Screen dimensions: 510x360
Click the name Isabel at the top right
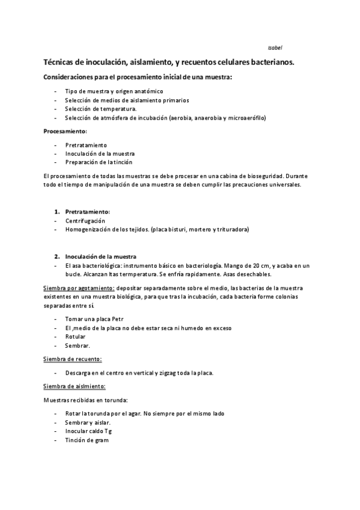pyautogui.click(x=275, y=47)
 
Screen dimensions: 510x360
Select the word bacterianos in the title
pyautogui.click(x=272, y=62)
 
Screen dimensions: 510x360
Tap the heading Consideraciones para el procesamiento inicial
pyautogui.click(x=138, y=78)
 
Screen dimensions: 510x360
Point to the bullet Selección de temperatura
pyautogui.click(x=101, y=109)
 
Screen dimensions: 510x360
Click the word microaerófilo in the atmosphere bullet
pyautogui.click(x=246, y=118)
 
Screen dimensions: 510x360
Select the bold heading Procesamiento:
pyautogui.click(x=65, y=131)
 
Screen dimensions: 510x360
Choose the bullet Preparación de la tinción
pyautogui.click(x=99, y=162)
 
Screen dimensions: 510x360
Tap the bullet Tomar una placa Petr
pyautogui.click(x=93, y=319)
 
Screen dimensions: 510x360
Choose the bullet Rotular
pyautogui.click(x=75, y=337)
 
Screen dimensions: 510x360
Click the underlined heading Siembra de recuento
pyautogui.click(x=72, y=359)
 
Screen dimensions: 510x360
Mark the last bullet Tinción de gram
pyautogui.click(x=87, y=440)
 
